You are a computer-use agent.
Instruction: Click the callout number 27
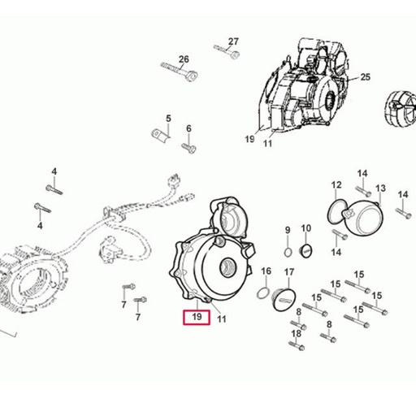233,41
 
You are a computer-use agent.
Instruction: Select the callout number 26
184,59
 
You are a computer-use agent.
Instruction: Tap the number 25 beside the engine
365,77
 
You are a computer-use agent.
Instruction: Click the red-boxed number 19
197,316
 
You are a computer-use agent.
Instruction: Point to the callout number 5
168,119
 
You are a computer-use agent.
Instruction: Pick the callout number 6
188,128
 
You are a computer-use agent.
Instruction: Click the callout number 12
336,185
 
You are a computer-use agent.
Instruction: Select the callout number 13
380,188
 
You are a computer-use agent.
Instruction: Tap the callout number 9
288,230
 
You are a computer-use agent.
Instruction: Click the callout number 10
306,228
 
